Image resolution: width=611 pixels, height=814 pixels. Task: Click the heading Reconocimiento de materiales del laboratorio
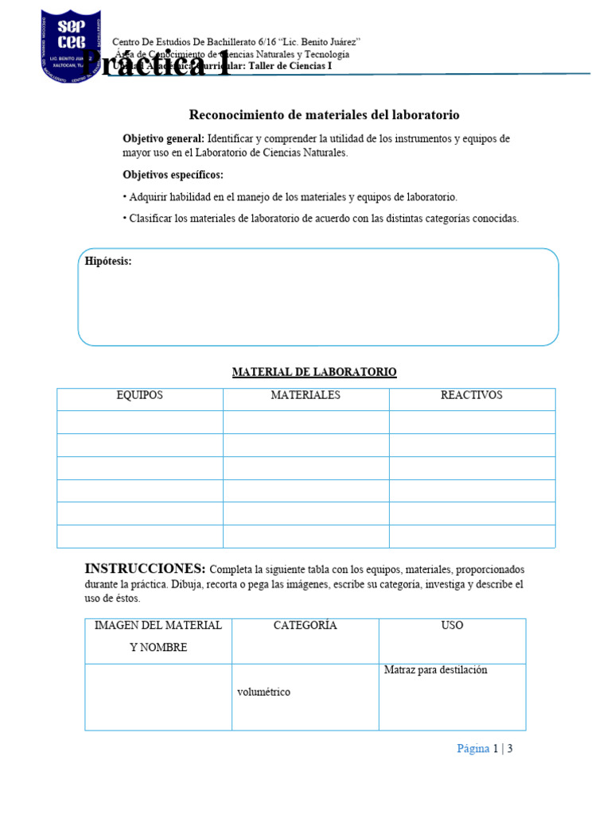click(324, 115)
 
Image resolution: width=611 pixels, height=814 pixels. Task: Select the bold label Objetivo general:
click(164, 138)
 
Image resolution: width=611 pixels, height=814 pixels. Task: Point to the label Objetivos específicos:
click(173, 175)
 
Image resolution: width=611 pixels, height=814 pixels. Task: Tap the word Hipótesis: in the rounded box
click(108, 262)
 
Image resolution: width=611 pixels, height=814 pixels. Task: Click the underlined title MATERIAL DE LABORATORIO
click(313, 372)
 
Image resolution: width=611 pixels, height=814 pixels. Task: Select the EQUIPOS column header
click(139, 395)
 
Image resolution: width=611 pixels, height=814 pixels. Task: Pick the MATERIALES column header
click(305, 395)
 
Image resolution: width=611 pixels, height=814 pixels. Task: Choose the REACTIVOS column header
click(472, 395)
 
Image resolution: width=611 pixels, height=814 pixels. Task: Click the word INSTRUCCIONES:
click(145, 569)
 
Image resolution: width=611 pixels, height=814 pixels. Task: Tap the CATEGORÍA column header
click(305, 626)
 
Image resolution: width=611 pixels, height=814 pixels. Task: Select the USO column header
click(452, 626)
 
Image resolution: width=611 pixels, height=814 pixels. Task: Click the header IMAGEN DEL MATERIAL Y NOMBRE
click(158, 636)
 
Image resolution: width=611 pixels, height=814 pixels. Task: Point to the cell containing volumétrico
click(263, 692)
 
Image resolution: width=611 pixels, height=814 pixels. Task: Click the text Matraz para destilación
click(435, 670)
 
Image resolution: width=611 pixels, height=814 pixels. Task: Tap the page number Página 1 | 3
click(485, 749)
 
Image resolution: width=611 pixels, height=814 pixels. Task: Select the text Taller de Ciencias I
click(290, 67)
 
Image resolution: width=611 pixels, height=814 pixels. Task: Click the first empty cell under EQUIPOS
click(139, 422)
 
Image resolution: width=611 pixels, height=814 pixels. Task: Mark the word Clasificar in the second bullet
click(153, 219)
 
